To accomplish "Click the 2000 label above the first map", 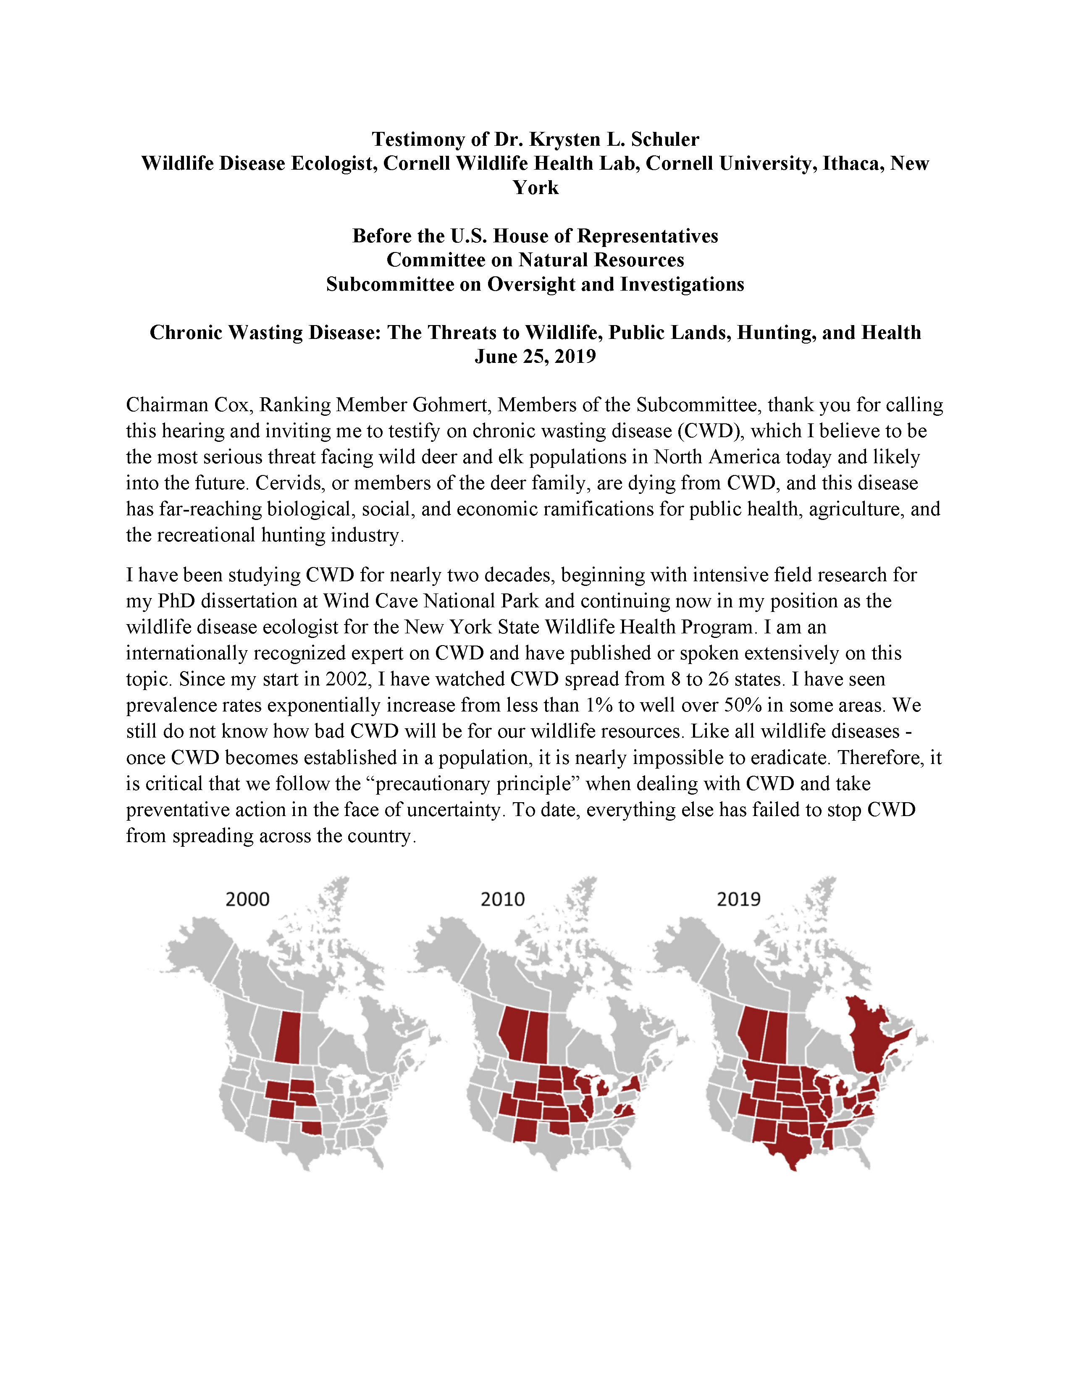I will (x=247, y=899).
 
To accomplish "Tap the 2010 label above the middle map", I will (x=502, y=899).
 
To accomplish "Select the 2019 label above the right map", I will (x=738, y=899).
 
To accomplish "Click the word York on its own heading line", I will (x=535, y=188).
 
